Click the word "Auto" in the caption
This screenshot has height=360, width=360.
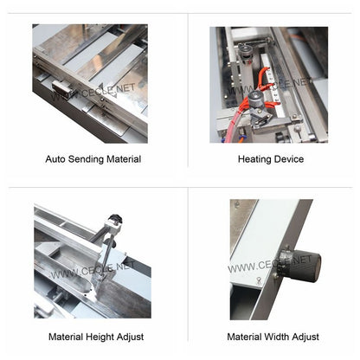point(55,159)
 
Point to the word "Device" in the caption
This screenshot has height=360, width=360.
point(289,159)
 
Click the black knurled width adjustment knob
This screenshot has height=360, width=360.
point(300,262)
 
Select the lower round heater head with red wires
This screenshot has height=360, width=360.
point(257,106)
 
